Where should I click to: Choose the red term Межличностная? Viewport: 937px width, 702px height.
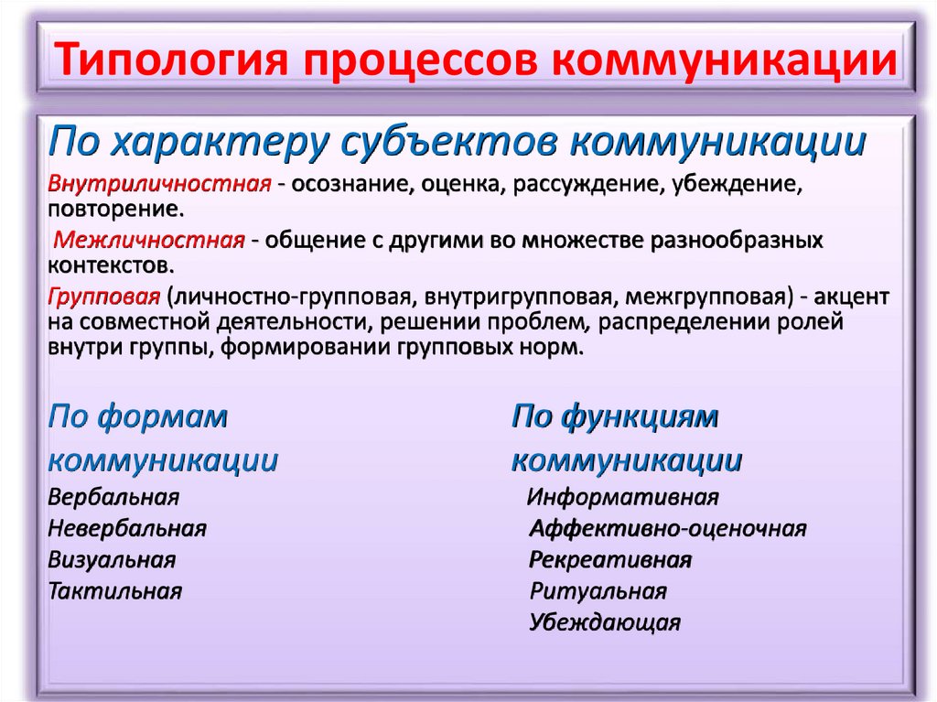click(x=148, y=241)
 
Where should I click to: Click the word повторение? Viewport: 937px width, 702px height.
click(x=115, y=210)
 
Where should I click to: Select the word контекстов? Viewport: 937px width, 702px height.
click(x=109, y=266)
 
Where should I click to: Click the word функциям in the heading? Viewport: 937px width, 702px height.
click(x=640, y=417)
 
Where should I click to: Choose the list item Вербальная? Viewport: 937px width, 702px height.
click(x=113, y=498)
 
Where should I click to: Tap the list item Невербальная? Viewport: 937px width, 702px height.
click(x=127, y=528)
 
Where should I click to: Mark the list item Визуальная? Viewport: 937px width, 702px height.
click(x=112, y=559)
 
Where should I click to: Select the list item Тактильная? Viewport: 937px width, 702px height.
click(x=115, y=590)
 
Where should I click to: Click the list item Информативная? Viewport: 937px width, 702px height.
click(x=623, y=498)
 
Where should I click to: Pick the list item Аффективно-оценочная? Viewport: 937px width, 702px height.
click(x=668, y=528)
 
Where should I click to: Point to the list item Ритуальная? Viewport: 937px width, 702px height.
click(x=598, y=590)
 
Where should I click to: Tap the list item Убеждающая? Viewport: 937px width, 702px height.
click(x=605, y=623)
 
